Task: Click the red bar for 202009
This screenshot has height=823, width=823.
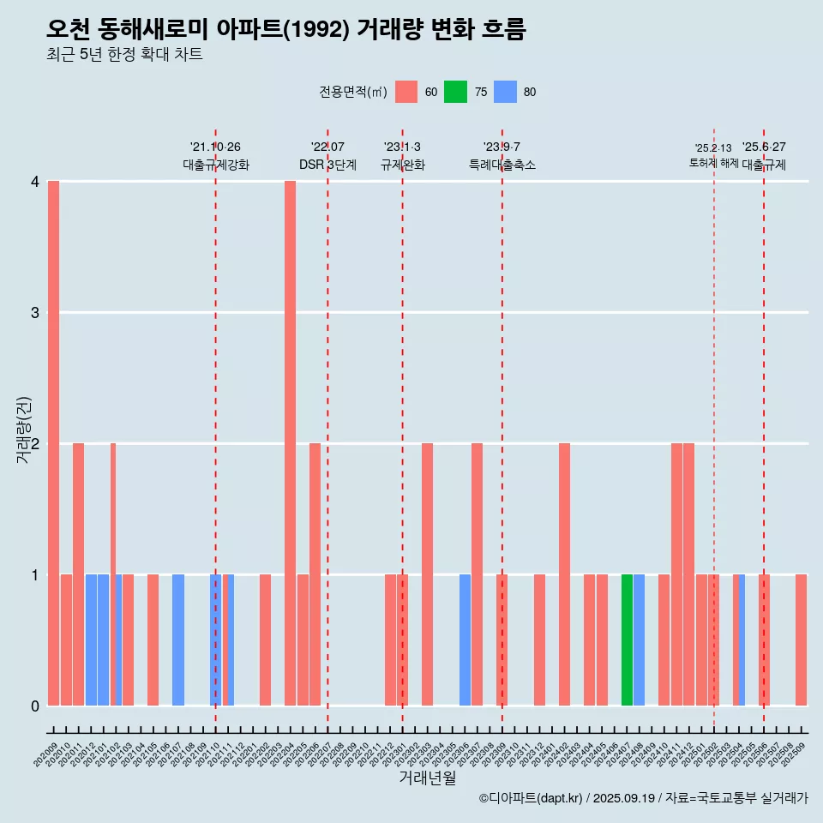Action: point(53,443)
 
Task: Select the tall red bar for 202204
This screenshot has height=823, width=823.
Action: point(290,443)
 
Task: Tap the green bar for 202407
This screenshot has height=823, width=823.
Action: point(627,640)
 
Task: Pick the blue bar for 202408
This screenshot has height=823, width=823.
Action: point(640,640)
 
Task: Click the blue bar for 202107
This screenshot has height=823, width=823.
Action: point(178,640)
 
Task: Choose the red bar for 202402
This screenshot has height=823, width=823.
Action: point(564,574)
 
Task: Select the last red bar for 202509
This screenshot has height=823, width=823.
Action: point(801,640)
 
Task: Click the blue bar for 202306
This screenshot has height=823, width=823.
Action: point(465,640)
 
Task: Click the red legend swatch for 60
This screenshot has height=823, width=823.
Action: point(406,92)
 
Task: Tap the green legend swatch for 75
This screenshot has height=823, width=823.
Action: point(455,92)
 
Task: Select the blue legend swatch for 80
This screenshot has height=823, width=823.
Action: point(505,92)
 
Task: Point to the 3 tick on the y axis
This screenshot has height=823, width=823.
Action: point(35,313)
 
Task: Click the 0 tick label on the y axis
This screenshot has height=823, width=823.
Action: point(35,706)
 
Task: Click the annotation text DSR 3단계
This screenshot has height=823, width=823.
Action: point(327,165)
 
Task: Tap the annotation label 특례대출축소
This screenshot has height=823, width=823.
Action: point(502,165)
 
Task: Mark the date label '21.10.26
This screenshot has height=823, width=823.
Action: point(215,147)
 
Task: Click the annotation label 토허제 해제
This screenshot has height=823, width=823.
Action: point(713,163)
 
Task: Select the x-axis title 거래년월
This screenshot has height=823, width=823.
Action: point(427,778)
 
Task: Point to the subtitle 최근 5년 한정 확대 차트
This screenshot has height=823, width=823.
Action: point(124,55)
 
